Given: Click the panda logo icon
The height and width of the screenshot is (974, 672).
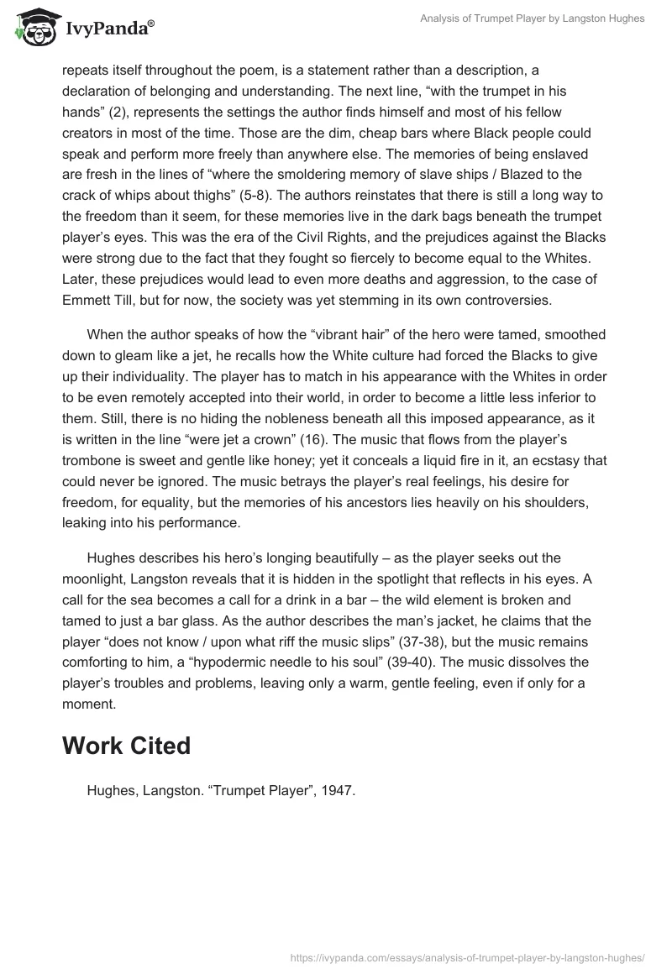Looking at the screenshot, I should pyautogui.click(x=33, y=27).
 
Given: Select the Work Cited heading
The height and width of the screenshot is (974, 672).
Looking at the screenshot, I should pyautogui.click(x=126, y=746).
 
